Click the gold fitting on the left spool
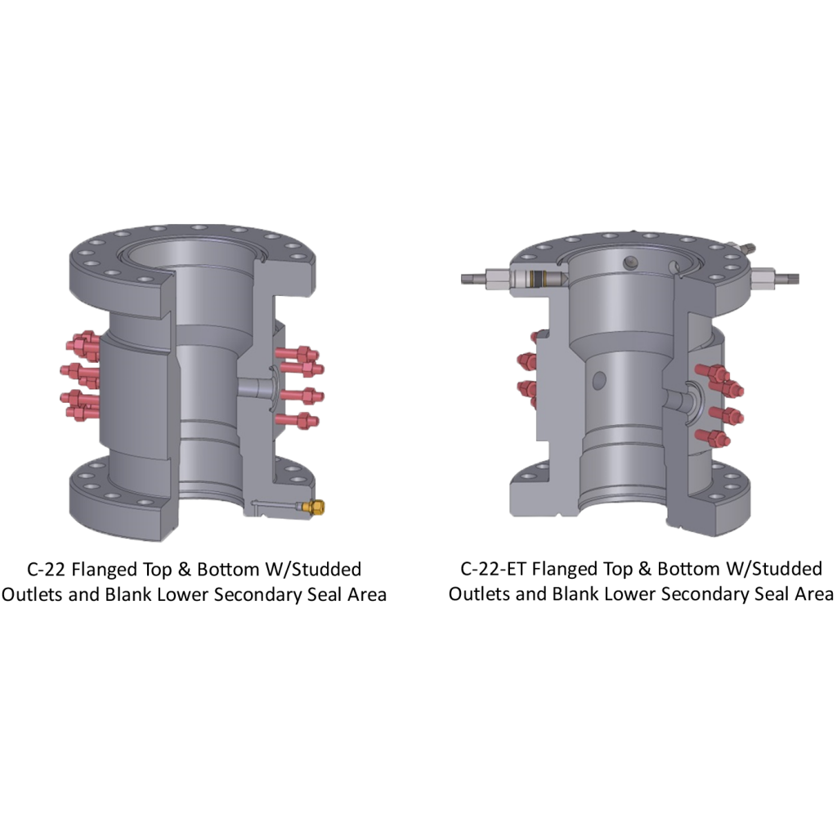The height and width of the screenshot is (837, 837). click(314, 508)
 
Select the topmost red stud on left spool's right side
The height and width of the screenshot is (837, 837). click(299, 354)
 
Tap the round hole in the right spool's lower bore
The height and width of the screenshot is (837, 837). click(599, 380)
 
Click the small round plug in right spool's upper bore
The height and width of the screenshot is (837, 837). click(629, 262)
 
